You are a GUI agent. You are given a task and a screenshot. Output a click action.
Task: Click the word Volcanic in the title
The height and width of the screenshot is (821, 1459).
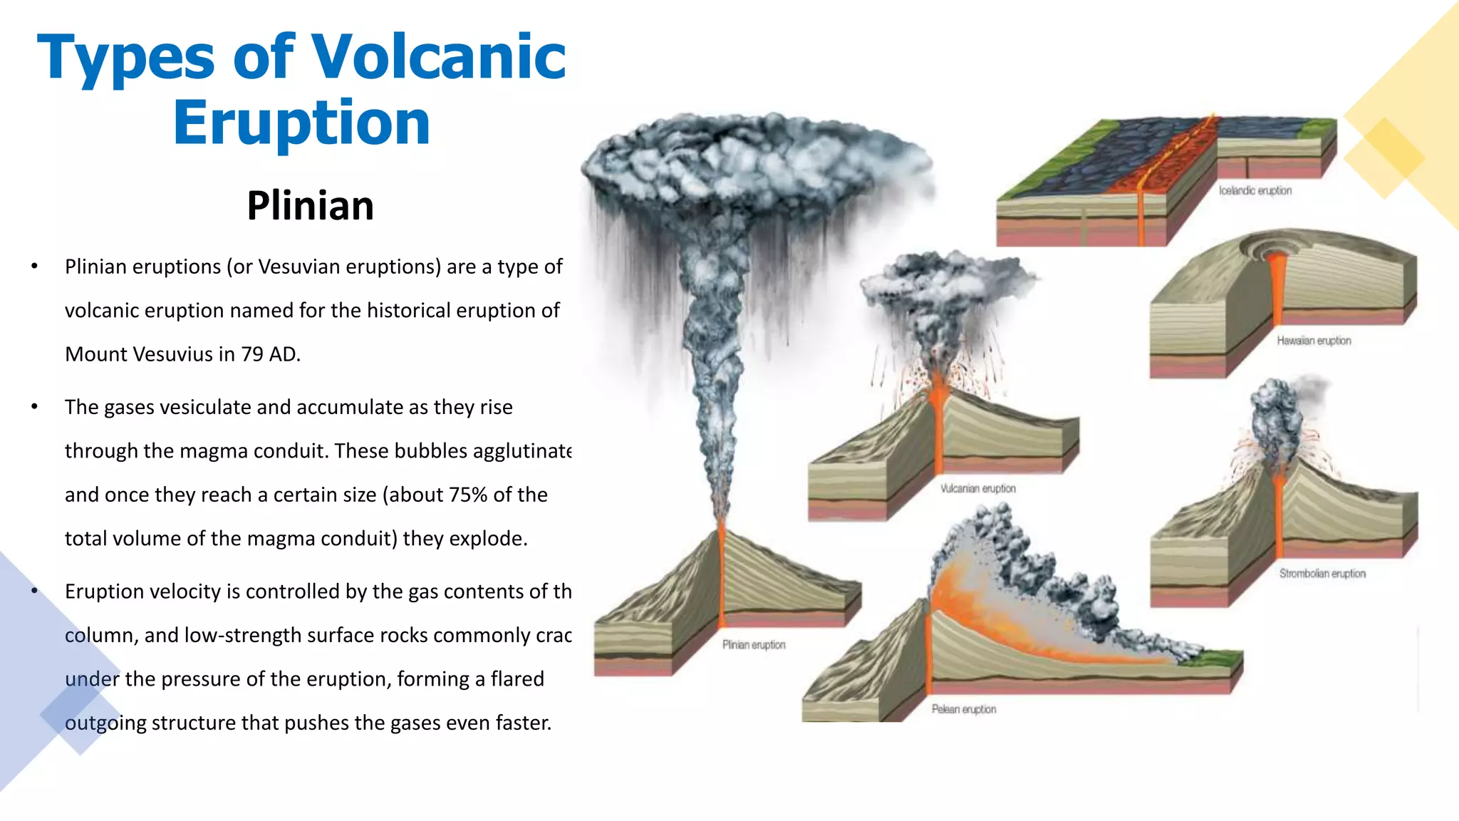tap(438, 57)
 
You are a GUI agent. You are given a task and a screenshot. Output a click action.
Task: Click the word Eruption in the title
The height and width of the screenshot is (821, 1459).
tap(301, 123)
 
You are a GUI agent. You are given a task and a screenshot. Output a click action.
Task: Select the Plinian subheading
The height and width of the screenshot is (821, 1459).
tap(310, 206)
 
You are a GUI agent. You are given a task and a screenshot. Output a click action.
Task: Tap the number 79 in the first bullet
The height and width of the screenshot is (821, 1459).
tap(251, 354)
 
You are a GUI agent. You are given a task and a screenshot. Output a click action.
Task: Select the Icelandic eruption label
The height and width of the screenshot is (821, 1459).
tap(1255, 191)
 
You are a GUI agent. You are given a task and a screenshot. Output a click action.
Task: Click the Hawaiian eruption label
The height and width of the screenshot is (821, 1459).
tap(1314, 341)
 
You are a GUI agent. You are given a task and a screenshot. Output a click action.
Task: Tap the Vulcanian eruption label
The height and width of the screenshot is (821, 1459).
tap(977, 489)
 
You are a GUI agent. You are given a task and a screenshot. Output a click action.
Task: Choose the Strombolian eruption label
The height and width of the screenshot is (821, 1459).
tap(1322, 574)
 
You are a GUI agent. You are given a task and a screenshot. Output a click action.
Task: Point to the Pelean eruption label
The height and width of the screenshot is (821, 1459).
tap(963, 709)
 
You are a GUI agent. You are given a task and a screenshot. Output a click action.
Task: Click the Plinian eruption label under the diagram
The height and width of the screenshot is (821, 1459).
tap(754, 645)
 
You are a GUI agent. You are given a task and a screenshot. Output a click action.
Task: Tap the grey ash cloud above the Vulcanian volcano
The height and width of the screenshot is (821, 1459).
tap(940, 292)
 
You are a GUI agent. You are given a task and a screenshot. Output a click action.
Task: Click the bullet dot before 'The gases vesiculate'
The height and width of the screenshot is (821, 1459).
tap(34, 407)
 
